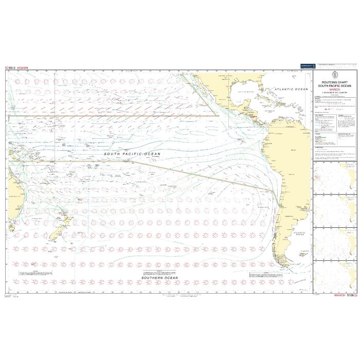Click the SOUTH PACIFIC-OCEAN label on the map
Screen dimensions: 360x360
tap(132, 154)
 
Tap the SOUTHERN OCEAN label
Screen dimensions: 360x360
tap(160, 278)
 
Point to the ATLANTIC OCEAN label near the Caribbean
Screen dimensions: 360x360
tap(291, 89)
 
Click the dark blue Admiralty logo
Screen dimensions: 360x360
tap(305, 66)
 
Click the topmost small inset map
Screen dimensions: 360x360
tap(334, 178)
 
